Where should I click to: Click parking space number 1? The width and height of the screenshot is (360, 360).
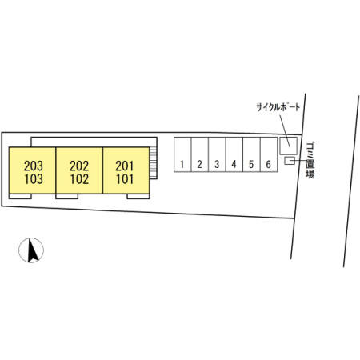(x=182, y=154)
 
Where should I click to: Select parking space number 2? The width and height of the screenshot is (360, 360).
(x=200, y=154)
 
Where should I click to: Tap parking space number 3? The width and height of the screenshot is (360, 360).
(x=217, y=154)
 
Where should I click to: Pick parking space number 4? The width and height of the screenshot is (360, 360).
(x=234, y=154)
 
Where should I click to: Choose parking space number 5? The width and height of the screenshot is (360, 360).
(x=251, y=154)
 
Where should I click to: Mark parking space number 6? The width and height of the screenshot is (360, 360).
(x=269, y=154)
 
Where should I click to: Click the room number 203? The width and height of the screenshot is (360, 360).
(x=34, y=166)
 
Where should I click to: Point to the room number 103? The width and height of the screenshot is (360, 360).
(x=34, y=179)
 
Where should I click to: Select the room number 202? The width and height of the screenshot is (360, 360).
(x=79, y=166)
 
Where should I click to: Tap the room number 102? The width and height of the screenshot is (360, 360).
(x=79, y=179)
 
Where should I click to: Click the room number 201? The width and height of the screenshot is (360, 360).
(x=125, y=166)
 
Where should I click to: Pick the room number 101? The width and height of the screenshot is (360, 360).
(x=125, y=179)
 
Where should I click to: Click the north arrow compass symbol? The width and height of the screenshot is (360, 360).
(x=31, y=250)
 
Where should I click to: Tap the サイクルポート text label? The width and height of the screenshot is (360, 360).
(x=278, y=107)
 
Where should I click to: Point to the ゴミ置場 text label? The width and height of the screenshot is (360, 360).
(x=310, y=160)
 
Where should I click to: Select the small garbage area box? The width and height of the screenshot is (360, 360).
(x=290, y=161)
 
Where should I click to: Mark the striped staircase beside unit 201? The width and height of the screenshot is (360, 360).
(x=153, y=163)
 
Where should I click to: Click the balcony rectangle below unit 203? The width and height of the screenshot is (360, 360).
(x=20, y=196)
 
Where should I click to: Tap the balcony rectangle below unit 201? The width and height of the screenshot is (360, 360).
(x=138, y=196)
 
